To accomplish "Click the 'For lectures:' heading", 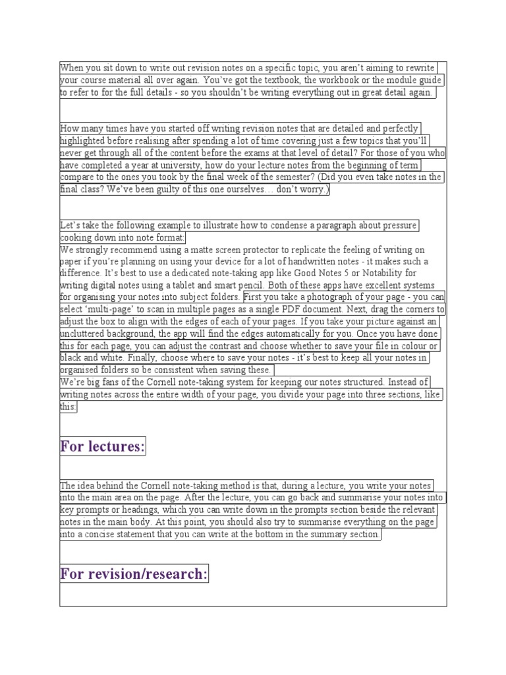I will [x=102, y=447].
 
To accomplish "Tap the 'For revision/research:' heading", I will [x=134, y=574].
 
